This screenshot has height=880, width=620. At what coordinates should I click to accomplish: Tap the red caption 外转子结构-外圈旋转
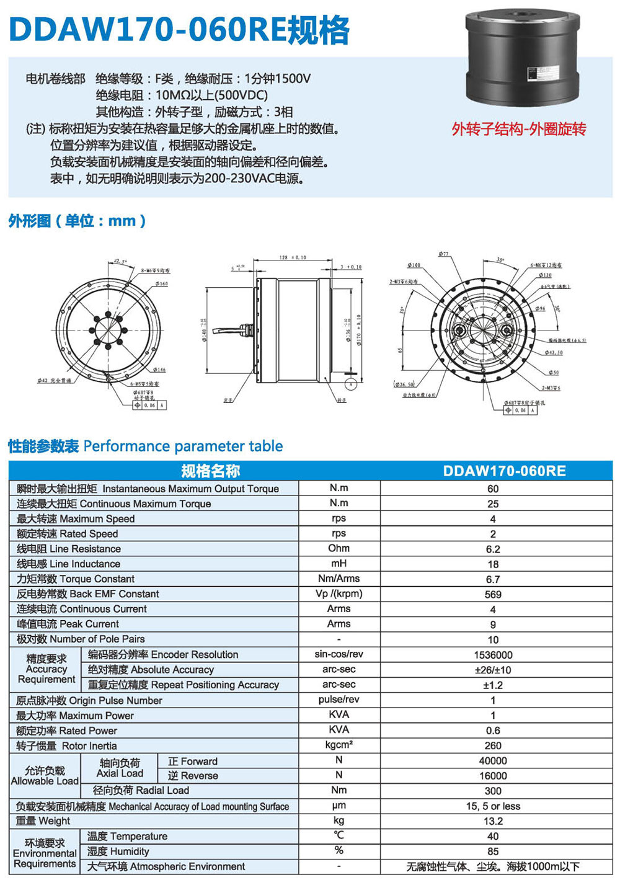[518, 129]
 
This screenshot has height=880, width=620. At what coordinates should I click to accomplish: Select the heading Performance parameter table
[183, 446]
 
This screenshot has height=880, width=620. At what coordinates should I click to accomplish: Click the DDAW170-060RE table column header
[504, 471]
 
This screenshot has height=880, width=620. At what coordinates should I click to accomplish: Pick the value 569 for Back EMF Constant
[493, 594]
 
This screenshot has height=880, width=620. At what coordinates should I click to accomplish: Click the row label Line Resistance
[69, 549]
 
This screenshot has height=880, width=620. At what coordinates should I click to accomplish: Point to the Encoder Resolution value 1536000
[493, 655]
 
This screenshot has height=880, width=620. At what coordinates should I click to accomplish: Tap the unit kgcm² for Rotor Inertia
[339, 745]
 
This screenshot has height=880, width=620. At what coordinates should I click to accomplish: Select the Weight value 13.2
[493, 821]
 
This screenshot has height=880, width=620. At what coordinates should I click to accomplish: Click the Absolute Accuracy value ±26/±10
[493, 670]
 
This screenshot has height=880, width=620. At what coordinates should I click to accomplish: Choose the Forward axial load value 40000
[493, 761]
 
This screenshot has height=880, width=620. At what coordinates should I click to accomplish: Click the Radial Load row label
[141, 791]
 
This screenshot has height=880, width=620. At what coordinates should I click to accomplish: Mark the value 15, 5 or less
[493, 806]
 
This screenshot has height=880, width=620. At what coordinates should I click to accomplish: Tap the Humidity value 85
[493, 851]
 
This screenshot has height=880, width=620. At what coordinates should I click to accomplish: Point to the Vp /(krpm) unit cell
[339, 593]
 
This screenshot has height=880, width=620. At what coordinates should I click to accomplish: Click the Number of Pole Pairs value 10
[493, 639]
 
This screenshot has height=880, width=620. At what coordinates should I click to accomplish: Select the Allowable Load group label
[45, 776]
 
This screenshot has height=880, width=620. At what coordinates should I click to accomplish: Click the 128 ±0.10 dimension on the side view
[292, 257]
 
